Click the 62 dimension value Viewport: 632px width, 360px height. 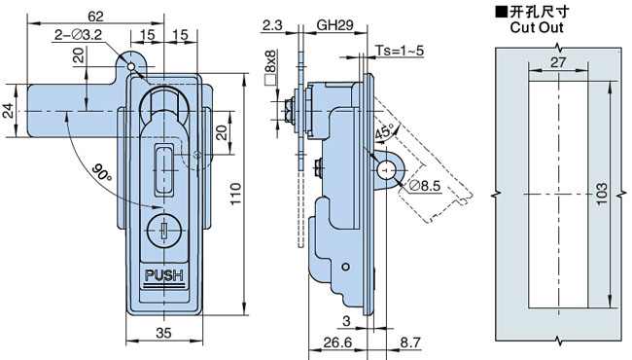point(95,17)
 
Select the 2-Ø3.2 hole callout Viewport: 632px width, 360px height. point(78,35)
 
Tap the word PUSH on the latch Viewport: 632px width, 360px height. point(164,275)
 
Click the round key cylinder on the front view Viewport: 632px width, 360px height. point(164,231)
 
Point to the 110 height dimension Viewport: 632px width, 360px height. point(235,194)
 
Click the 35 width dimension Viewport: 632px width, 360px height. point(163,333)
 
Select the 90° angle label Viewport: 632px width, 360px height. point(100,173)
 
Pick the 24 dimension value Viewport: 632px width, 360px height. point(9,111)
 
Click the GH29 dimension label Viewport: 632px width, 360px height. point(334,25)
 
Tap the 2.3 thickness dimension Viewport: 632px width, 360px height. point(272,25)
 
